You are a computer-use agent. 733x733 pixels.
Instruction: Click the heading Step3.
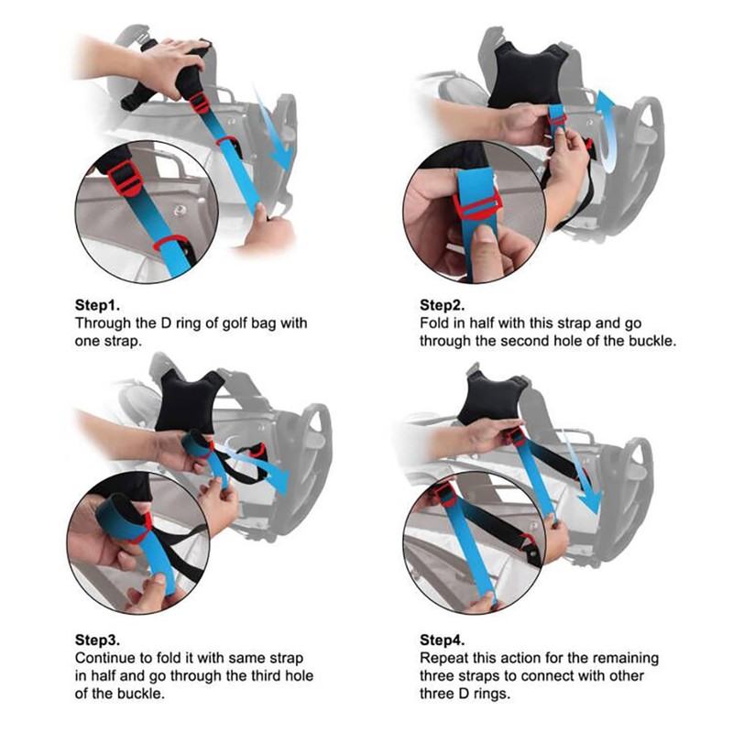pyautogui.click(x=99, y=640)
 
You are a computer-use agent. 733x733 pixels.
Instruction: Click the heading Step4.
pyautogui.click(x=444, y=640)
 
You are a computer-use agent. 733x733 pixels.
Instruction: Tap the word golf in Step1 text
pyautogui.click(x=230, y=323)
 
